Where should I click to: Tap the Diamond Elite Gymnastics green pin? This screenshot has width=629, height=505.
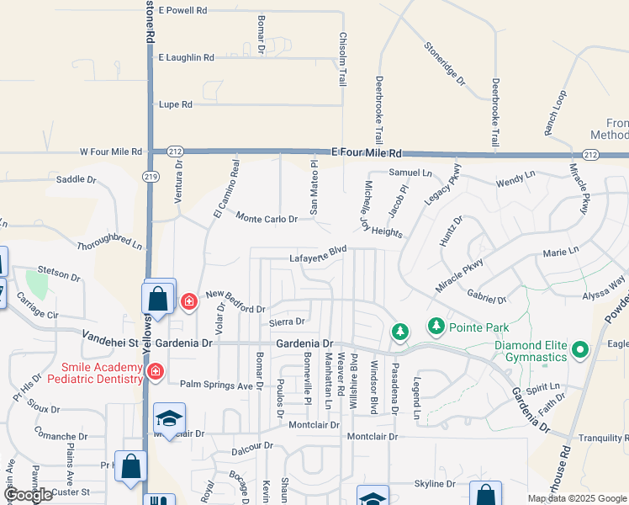(x=579, y=348)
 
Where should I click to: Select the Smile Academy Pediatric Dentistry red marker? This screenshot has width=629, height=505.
(x=155, y=371)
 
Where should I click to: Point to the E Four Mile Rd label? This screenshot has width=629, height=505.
(x=367, y=153)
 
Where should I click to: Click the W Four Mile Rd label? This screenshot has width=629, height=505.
(x=111, y=152)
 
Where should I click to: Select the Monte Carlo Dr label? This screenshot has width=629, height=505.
(x=267, y=218)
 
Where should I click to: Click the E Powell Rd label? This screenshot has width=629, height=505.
(x=182, y=11)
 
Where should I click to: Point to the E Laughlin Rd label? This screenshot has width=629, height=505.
(x=186, y=58)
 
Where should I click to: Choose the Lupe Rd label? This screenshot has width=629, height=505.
(x=175, y=105)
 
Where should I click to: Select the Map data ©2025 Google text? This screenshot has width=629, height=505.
(x=578, y=498)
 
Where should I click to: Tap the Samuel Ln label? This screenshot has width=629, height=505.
(x=410, y=172)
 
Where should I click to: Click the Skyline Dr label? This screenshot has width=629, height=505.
(x=434, y=484)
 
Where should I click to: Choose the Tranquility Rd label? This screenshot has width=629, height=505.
(x=604, y=439)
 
